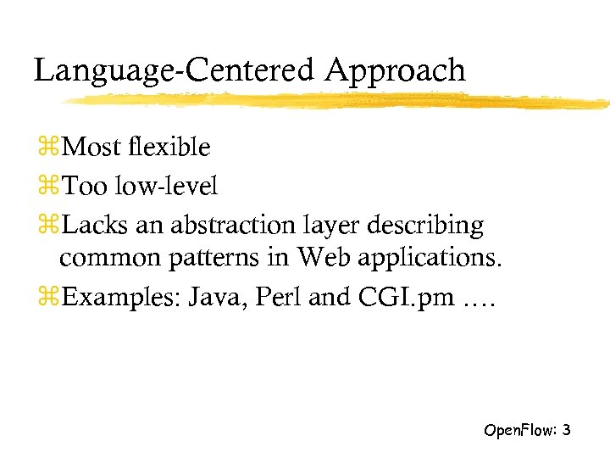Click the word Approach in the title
[396, 70]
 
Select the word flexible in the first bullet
[170, 147]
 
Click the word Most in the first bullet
[92, 147]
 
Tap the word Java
[219, 298]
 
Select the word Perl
[282, 298]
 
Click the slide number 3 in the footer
[566, 430]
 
